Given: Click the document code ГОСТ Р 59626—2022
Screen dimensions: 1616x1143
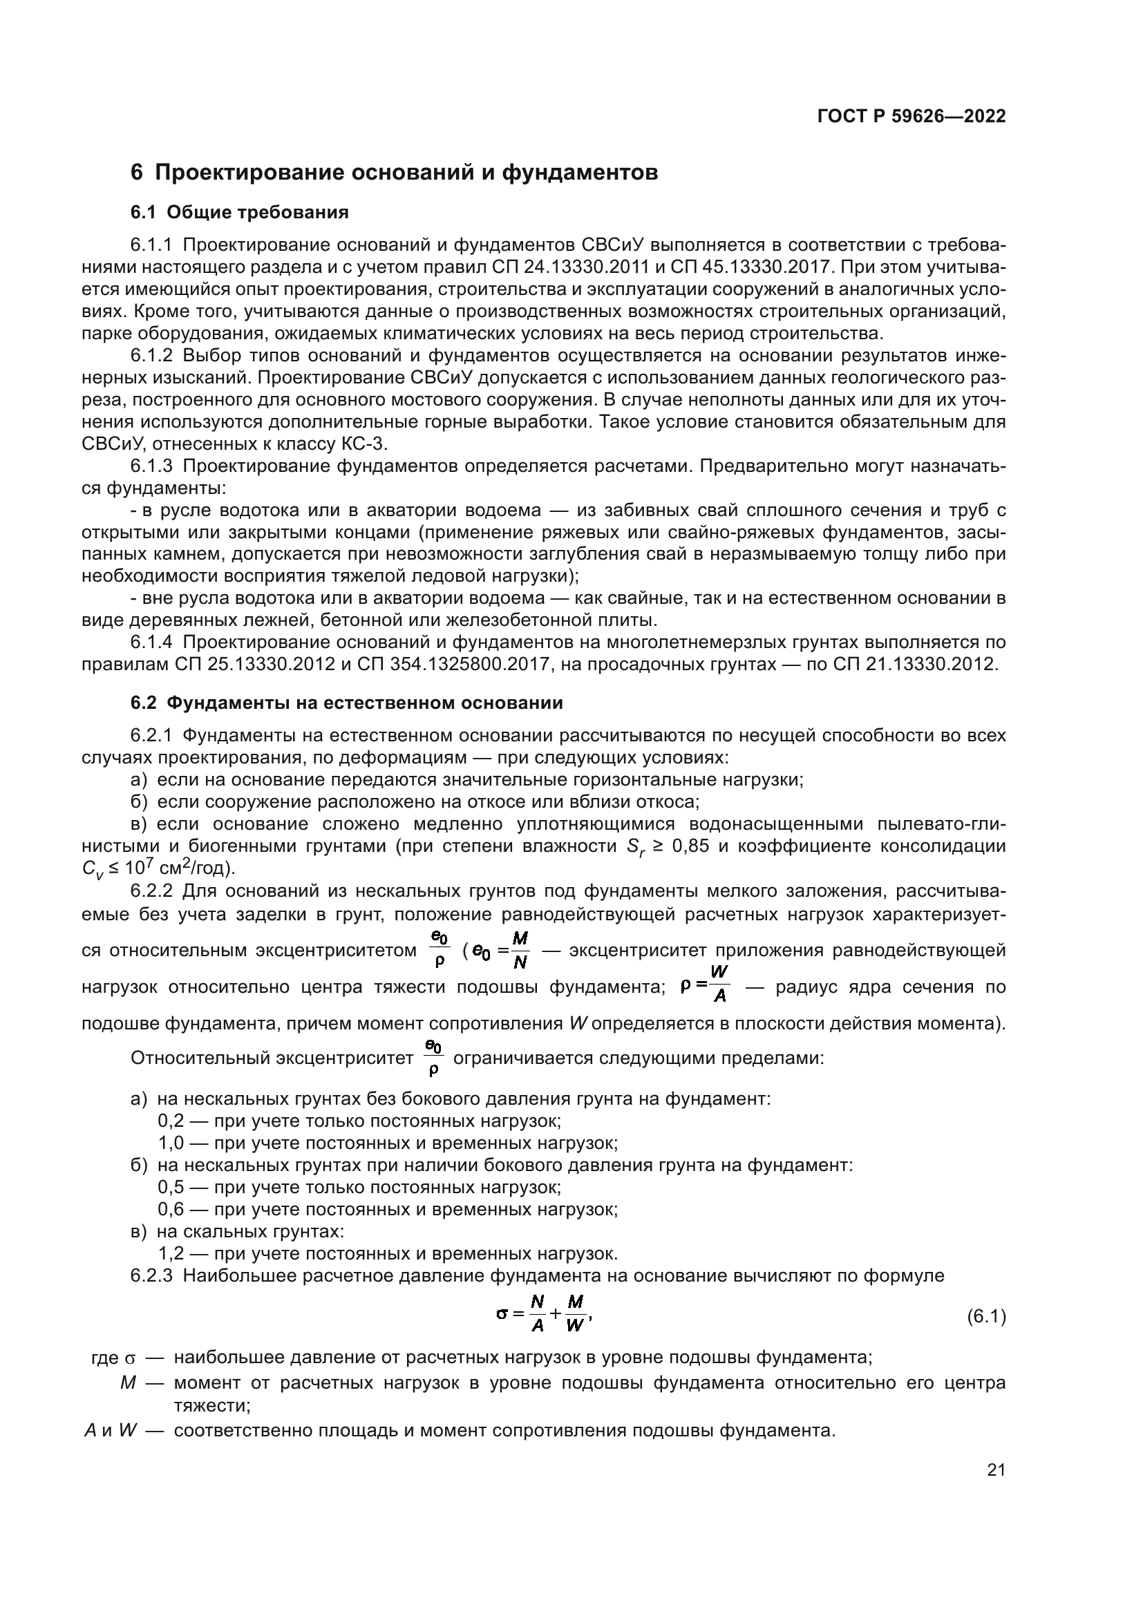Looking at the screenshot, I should pyautogui.click(x=911, y=117).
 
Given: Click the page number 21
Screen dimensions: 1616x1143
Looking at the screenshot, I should pyautogui.click(x=995, y=1470).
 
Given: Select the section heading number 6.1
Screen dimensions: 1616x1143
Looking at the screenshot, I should pyautogui.click(x=146, y=213).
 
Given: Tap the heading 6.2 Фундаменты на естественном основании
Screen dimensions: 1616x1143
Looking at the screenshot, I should pyautogui.click(x=346, y=703).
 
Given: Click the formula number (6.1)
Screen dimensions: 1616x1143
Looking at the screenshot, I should pyautogui.click(x=986, y=1316).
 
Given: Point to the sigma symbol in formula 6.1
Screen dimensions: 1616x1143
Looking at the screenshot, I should pyautogui.click(x=501, y=1313).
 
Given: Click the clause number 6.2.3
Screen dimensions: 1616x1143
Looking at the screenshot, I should pyautogui.click(x=151, y=1275).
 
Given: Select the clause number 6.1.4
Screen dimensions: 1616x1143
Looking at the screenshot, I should pyautogui.click(x=151, y=642).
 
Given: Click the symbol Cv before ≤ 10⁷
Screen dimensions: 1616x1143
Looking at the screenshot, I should pyautogui.click(x=92, y=870).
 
